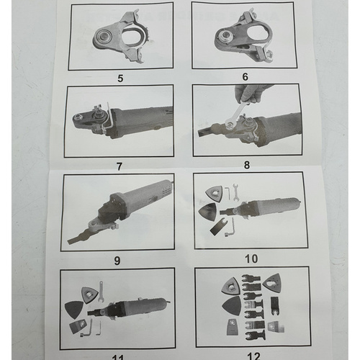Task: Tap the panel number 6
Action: click(x=246, y=76)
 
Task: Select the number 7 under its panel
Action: click(x=119, y=166)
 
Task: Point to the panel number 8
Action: click(x=247, y=165)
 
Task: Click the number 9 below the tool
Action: click(x=119, y=258)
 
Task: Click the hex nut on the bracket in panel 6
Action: click(x=226, y=34)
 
